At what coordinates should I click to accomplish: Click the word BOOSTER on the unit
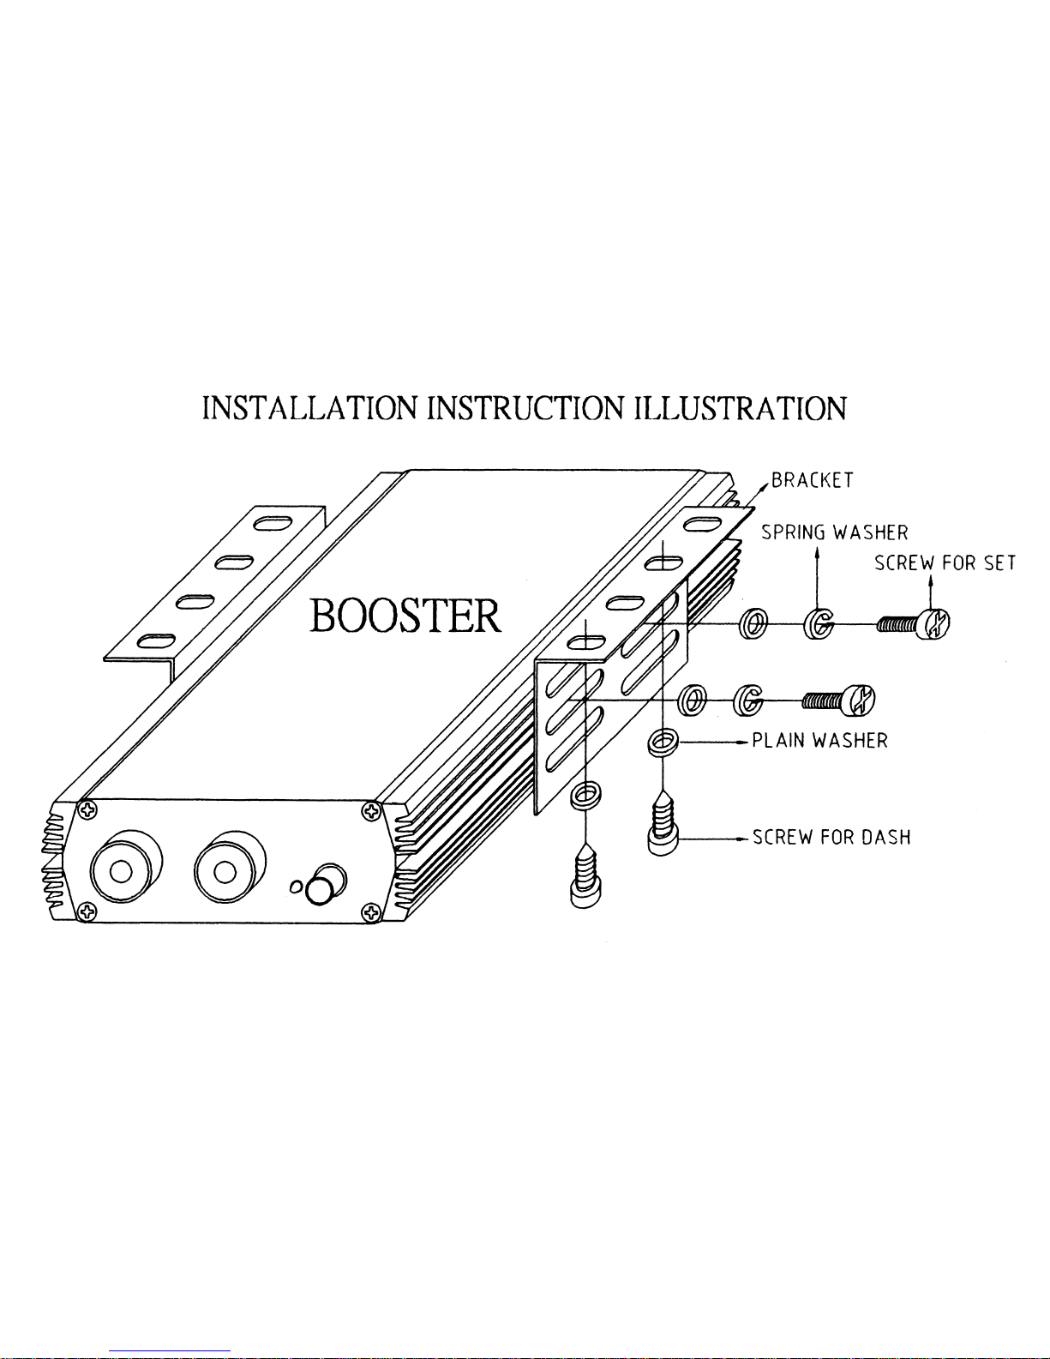pyautogui.click(x=405, y=616)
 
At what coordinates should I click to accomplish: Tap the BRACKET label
pyautogui.click(x=812, y=480)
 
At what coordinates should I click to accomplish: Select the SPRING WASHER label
pyautogui.click(x=834, y=532)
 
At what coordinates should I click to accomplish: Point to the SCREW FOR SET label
pyautogui.click(x=945, y=562)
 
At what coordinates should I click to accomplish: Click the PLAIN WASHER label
pyautogui.click(x=819, y=741)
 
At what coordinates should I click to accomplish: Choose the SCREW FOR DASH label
pyautogui.click(x=831, y=837)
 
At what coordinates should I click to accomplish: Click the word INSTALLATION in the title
pyautogui.click(x=310, y=408)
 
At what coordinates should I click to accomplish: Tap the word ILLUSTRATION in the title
pyautogui.click(x=740, y=408)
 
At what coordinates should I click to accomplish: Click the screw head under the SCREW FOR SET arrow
pyautogui.click(x=934, y=623)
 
